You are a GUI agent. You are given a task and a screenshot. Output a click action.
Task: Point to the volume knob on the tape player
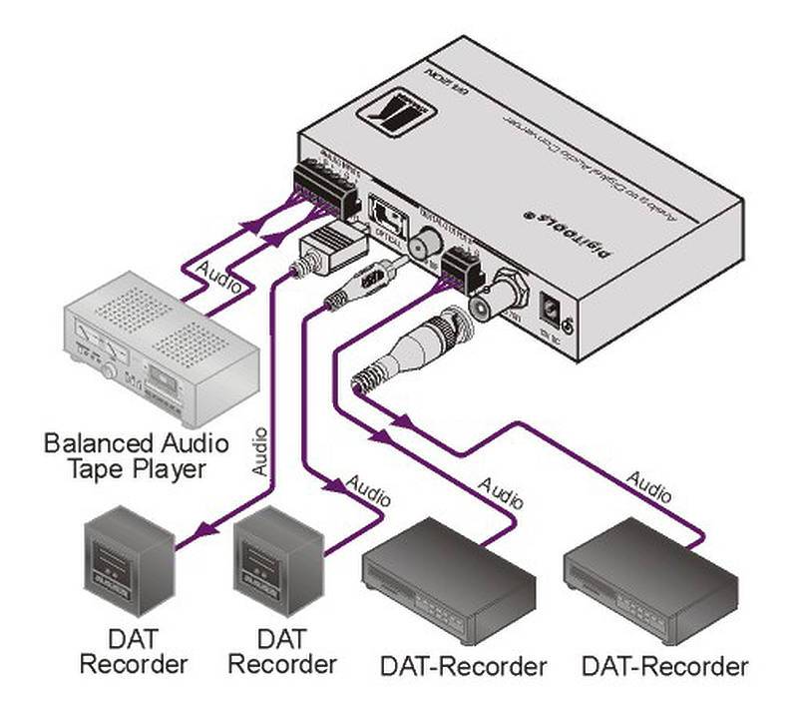pyautogui.click(x=106, y=370)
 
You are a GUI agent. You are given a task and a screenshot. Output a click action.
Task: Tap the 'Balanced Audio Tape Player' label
pyautogui.click(x=136, y=455)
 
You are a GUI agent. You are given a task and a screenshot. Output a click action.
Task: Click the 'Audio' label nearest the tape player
pyautogui.click(x=218, y=275)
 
